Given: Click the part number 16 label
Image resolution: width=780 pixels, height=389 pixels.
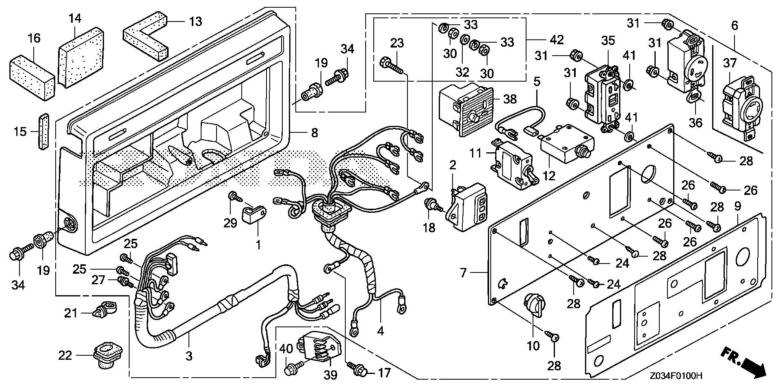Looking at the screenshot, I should [34, 39].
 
